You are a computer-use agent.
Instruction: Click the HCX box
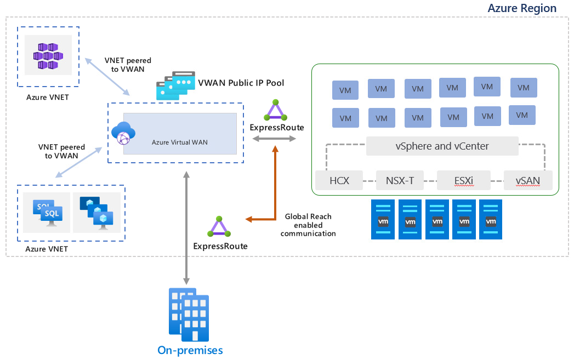click(339, 180)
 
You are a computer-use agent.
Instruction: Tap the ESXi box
click(464, 180)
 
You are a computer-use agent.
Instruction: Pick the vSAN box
click(527, 180)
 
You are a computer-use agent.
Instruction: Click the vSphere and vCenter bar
click(442, 146)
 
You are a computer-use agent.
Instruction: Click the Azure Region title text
click(522, 8)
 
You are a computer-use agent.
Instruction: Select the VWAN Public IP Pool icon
click(175, 85)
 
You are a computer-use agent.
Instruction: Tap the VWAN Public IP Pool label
click(241, 83)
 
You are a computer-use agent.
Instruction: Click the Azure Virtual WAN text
click(180, 142)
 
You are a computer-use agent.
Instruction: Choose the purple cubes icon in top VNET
click(48, 56)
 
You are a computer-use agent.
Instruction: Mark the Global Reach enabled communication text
click(308, 225)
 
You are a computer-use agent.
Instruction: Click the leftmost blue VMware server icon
click(383, 219)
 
